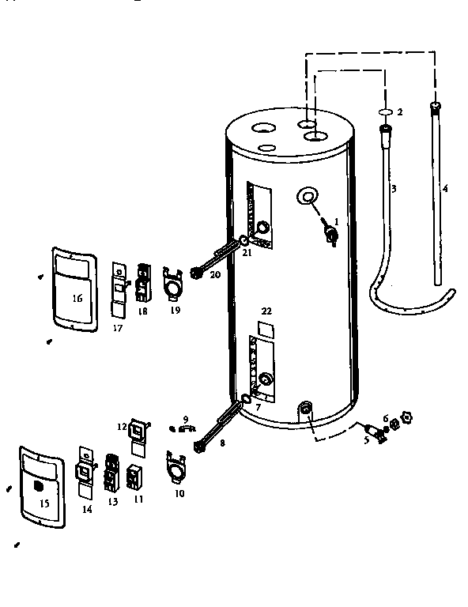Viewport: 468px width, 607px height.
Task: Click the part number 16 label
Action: [77, 298]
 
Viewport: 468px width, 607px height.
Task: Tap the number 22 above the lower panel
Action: [266, 311]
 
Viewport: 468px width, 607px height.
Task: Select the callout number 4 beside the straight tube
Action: [445, 189]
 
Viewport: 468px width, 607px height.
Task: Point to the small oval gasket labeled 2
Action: [385, 112]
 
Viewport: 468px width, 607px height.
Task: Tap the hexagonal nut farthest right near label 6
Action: [407, 417]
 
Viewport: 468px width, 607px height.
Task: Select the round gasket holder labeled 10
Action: [175, 467]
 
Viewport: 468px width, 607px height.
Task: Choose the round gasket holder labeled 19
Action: [172, 283]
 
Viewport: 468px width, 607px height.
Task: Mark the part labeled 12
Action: [138, 437]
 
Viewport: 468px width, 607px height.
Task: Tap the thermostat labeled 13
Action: [111, 473]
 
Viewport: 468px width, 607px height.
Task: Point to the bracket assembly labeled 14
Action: [85, 473]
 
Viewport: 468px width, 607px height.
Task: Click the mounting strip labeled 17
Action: [118, 290]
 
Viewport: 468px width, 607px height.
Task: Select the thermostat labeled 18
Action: [143, 283]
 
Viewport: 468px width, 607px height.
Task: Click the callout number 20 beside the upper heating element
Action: [215, 275]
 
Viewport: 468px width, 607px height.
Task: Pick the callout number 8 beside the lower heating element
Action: [222, 443]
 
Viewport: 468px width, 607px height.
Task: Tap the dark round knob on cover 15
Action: [38, 486]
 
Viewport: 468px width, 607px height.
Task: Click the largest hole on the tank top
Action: [263, 128]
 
